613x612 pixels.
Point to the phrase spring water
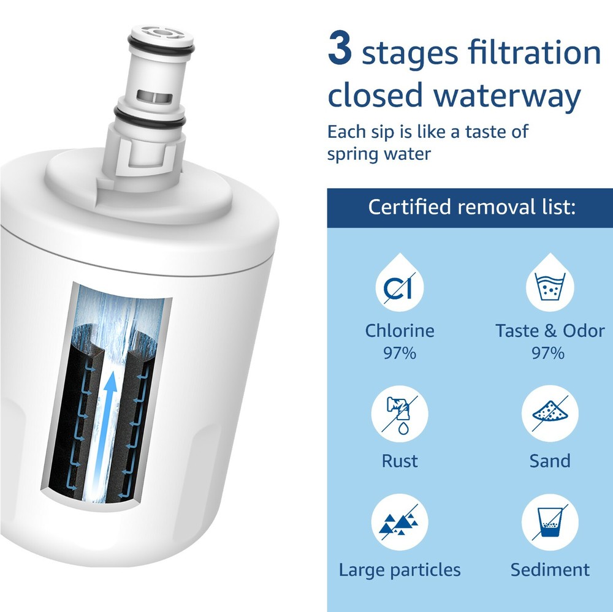point(379,153)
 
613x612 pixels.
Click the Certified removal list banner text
point(471,207)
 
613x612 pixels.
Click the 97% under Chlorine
point(400,353)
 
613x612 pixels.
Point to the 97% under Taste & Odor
point(550,353)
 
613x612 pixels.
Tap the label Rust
point(400,461)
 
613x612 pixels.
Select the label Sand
point(550,461)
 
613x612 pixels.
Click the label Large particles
point(400,570)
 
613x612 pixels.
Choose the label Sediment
point(550,570)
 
